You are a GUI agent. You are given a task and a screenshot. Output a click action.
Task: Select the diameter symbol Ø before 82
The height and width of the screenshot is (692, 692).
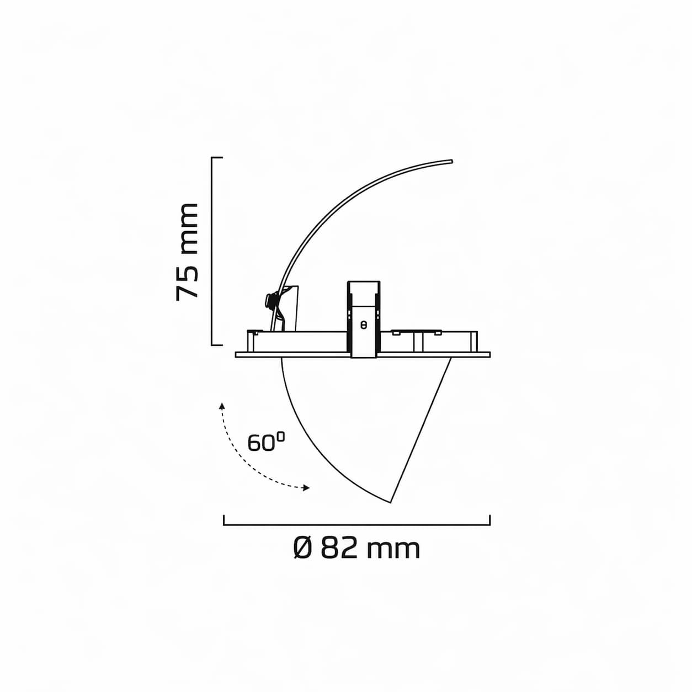pyautogui.click(x=303, y=548)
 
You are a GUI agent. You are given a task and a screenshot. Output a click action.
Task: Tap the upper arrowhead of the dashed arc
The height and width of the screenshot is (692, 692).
pyautogui.click(x=222, y=406)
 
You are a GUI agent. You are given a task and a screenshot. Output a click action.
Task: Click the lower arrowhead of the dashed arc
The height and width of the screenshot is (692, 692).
pyautogui.click(x=306, y=488)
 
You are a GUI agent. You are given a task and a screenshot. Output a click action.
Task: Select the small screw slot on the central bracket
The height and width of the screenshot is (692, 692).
pyautogui.click(x=364, y=325)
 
